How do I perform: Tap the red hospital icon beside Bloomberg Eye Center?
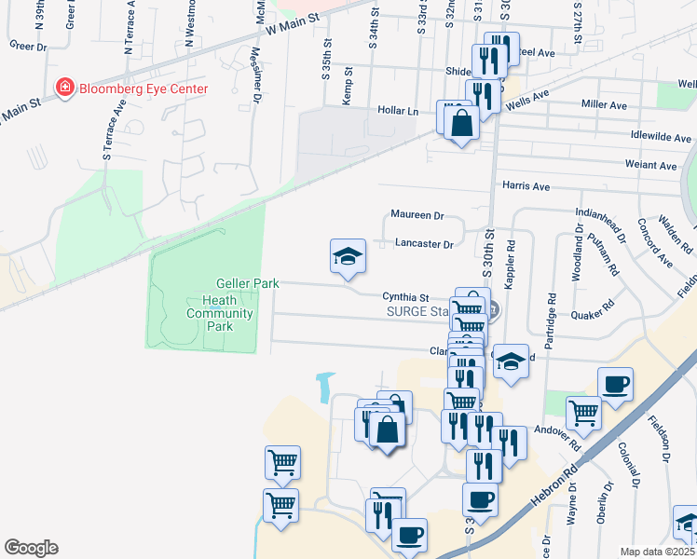coord(65,89)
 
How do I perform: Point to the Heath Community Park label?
coord(220,314)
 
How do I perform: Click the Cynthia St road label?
coord(404,297)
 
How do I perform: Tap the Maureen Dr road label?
coord(417,215)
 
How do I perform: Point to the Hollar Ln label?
coord(398,110)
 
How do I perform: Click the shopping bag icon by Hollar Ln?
coord(461,122)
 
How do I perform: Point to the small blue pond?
coord(325,386)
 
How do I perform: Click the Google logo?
coord(31,548)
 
